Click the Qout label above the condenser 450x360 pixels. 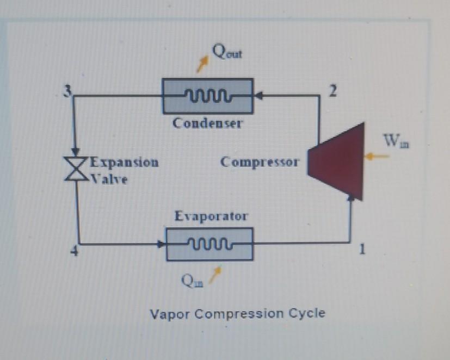point(228,53)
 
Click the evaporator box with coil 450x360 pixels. point(209,244)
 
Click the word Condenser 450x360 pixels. point(208,123)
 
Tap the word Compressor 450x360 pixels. point(260,162)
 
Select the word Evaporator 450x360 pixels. point(211,216)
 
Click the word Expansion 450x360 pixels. point(124,162)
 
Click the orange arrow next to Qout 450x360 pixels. point(202,64)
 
